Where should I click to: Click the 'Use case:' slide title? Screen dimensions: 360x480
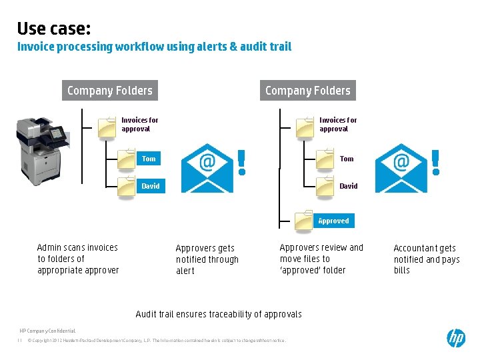[54, 28]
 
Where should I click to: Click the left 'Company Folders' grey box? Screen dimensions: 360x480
[110, 91]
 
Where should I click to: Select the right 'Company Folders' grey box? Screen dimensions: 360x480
[307, 91]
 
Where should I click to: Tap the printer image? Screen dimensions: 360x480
[42, 150]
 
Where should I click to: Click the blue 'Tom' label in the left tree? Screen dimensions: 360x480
[149, 159]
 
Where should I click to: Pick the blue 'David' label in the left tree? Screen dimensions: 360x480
[151, 186]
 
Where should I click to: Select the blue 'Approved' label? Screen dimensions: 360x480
[333, 221]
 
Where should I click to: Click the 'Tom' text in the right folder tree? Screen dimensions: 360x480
[347, 159]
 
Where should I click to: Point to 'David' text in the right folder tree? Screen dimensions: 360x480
[349, 186]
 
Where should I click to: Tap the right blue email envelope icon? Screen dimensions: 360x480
[401, 168]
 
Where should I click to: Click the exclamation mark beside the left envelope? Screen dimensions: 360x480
[241, 162]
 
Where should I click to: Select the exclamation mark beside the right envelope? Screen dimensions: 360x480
[436, 162]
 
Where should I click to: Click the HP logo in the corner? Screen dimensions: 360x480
[456, 338]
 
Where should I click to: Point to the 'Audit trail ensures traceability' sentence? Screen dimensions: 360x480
[219, 314]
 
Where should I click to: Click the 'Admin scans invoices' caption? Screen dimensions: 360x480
[78, 259]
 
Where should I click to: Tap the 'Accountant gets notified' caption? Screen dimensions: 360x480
[426, 259]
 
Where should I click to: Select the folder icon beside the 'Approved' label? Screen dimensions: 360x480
[304, 221]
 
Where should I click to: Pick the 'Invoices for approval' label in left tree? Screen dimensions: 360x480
[139, 125]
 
